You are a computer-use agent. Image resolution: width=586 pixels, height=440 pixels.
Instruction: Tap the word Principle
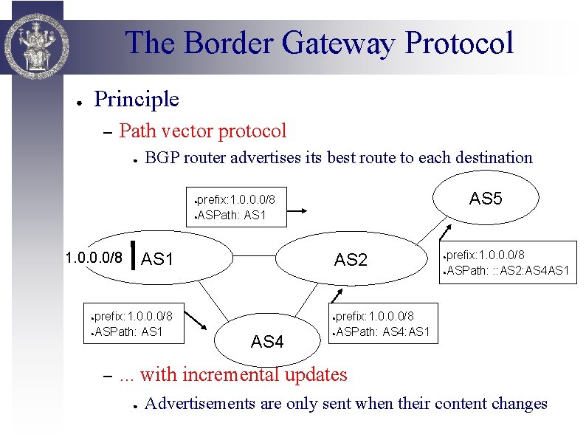click(137, 99)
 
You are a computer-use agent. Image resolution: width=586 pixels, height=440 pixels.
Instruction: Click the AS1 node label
click(156, 259)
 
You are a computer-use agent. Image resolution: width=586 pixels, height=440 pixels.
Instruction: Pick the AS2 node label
click(351, 260)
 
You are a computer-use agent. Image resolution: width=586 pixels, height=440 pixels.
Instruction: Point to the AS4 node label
click(267, 342)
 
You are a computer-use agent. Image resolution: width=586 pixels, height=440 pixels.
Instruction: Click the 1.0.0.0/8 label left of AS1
click(94, 258)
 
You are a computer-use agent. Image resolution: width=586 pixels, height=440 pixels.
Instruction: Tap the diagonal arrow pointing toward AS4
click(196, 320)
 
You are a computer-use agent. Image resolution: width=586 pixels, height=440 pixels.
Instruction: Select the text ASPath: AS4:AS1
click(383, 332)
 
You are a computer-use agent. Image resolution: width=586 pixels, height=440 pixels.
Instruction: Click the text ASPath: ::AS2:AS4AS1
click(509, 270)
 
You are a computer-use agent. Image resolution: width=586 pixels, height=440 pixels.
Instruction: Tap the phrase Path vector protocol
click(202, 131)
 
